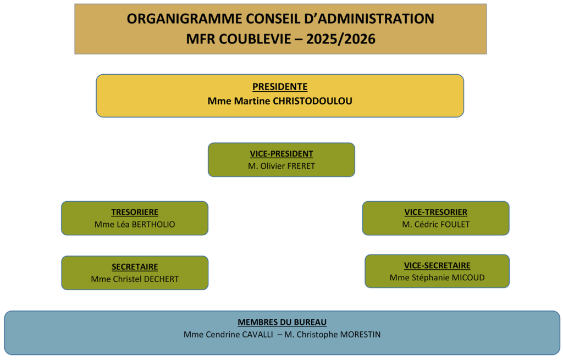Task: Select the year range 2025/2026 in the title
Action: click(341, 39)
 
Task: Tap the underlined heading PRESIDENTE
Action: click(280, 87)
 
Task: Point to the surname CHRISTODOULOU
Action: click(313, 101)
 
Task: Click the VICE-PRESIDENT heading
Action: click(281, 154)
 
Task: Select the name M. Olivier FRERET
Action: click(281, 166)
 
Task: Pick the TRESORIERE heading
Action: click(135, 212)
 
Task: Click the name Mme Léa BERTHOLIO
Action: click(135, 224)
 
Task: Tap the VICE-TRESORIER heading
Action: click(436, 212)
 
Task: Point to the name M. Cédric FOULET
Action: click(436, 224)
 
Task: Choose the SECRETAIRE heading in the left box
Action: click(135, 267)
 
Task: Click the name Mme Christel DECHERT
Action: click(135, 279)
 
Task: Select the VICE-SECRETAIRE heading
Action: click(437, 265)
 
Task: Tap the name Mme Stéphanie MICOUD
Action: click(437, 278)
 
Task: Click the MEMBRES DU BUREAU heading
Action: click(282, 322)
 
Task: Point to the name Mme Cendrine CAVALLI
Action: click(228, 335)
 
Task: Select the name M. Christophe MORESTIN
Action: click(333, 335)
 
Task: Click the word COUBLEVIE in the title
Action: click(255, 39)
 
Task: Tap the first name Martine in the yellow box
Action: click(252, 101)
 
